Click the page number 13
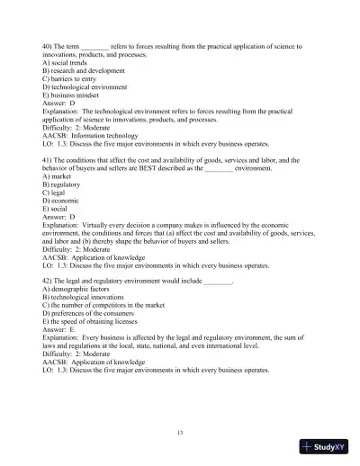pos(180,432)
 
